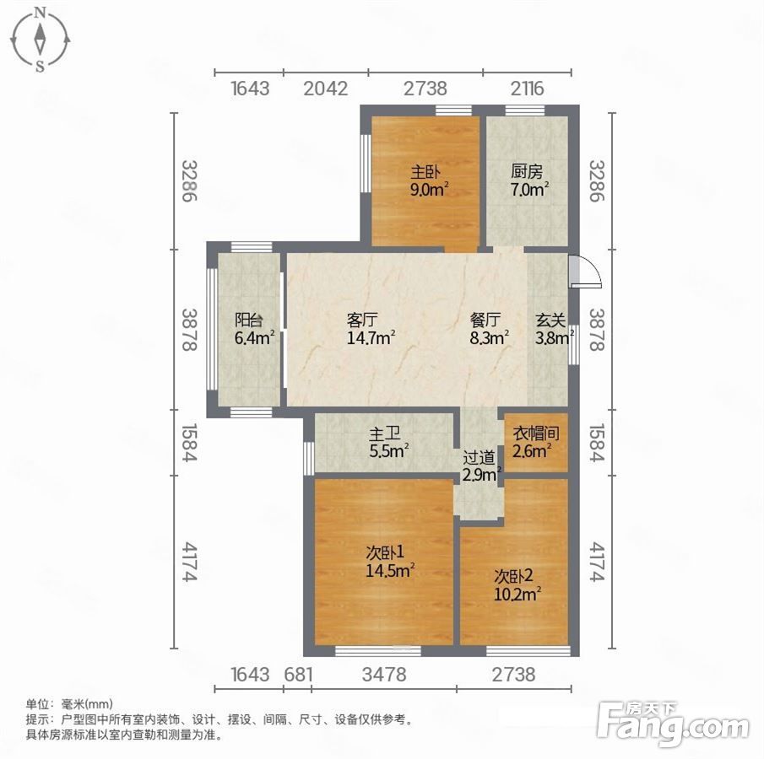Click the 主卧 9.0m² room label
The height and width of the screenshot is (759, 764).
[x=429, y=180]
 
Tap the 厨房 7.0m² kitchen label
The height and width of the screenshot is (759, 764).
[x=529, y=180]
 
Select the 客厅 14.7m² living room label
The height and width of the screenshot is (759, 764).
[x=371, y=329]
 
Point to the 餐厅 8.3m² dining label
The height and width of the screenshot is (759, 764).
[x=489, y=329]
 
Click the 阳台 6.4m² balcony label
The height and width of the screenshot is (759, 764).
[x=254, y=329]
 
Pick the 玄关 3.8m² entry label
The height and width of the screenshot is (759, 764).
[x=554, y=329]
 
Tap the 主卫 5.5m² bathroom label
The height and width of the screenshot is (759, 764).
[x=388, y=443]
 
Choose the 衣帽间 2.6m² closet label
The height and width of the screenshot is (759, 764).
[x=535, y=443]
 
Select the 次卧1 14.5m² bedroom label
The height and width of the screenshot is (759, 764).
[x=390, y=562]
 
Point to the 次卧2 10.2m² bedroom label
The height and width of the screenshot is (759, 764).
[x=517, y=586]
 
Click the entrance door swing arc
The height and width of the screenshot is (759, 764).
[x=593, y=269]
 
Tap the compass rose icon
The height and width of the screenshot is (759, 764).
[x=40, y=40]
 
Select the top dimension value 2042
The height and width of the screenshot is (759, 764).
[x=326, y=89]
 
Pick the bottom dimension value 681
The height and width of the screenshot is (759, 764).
[x=298, y=675]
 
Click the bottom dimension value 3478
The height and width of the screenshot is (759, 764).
[x=384, y=675]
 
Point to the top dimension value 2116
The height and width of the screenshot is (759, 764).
[x=527, y=89]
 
